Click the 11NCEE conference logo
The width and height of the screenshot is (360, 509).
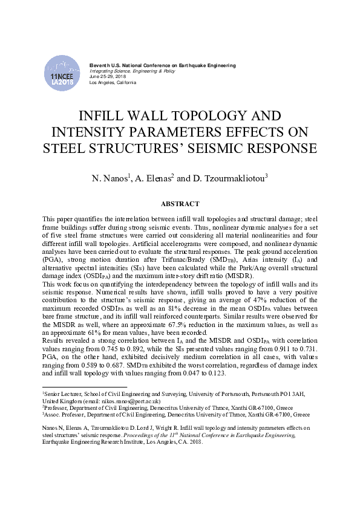click(62, 74)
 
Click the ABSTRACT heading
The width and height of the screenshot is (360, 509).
click(180, 204)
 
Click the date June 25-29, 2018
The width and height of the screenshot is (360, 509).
click(108, 77)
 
